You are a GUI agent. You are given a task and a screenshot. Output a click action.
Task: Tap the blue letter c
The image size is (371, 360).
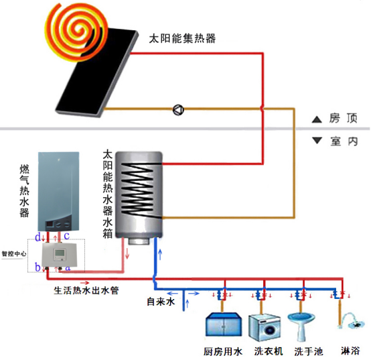pyautogui.click(x=67, y=236)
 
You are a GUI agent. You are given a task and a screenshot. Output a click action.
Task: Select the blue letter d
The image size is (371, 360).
pyautogui.click(x=39, y=237)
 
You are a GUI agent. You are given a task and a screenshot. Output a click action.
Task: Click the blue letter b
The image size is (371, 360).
pyautogui.click(x=39, y=267)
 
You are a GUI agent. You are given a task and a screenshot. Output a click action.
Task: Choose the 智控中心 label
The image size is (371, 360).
pyautogui.click(x=14, y=254)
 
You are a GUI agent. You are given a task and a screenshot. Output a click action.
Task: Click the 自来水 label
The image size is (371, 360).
pyautogui.click(x=161, y=303)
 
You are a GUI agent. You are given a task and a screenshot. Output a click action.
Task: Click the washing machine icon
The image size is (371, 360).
pyautogui.click(x=264, y=327)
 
